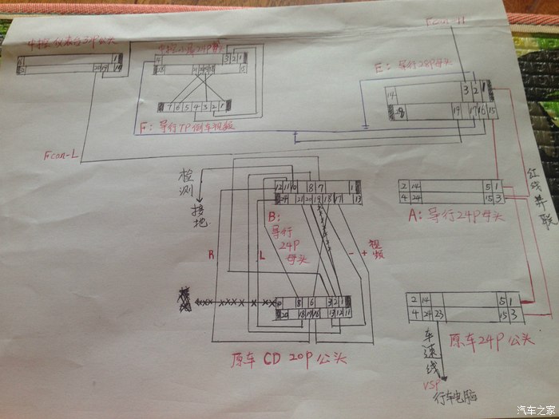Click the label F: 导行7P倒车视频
pos(188,126)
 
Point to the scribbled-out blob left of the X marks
pos(186,302)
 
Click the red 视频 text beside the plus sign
pos(376,248)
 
